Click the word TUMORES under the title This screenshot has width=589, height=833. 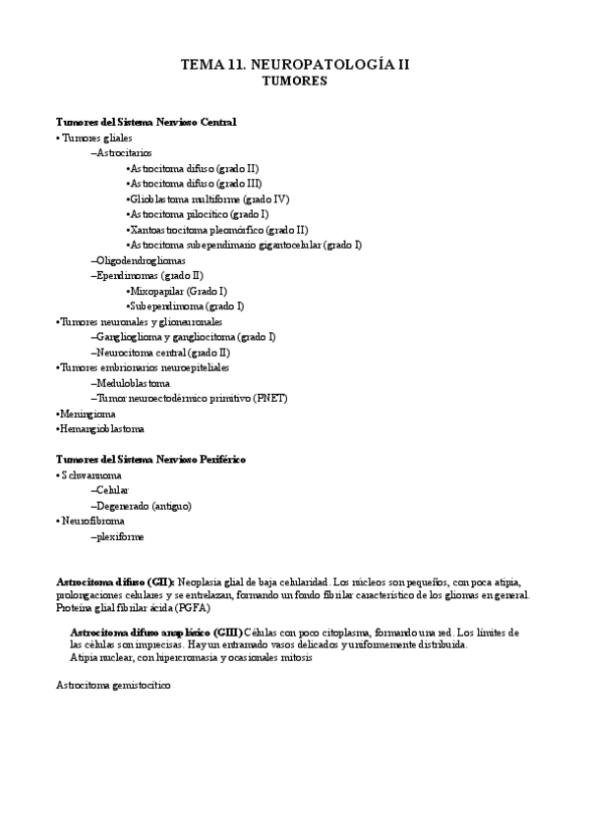pos(295,83)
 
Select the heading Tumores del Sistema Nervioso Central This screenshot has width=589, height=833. pos(146,122)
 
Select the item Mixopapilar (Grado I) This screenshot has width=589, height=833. pos(178,291)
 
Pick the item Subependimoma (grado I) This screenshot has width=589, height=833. pos(183,306)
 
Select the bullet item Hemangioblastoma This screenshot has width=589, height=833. pos(101,428)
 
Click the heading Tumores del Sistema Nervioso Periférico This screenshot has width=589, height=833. pos(150,459)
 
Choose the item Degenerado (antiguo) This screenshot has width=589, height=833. pos(143,505)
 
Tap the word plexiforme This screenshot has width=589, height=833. pos(119,536)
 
